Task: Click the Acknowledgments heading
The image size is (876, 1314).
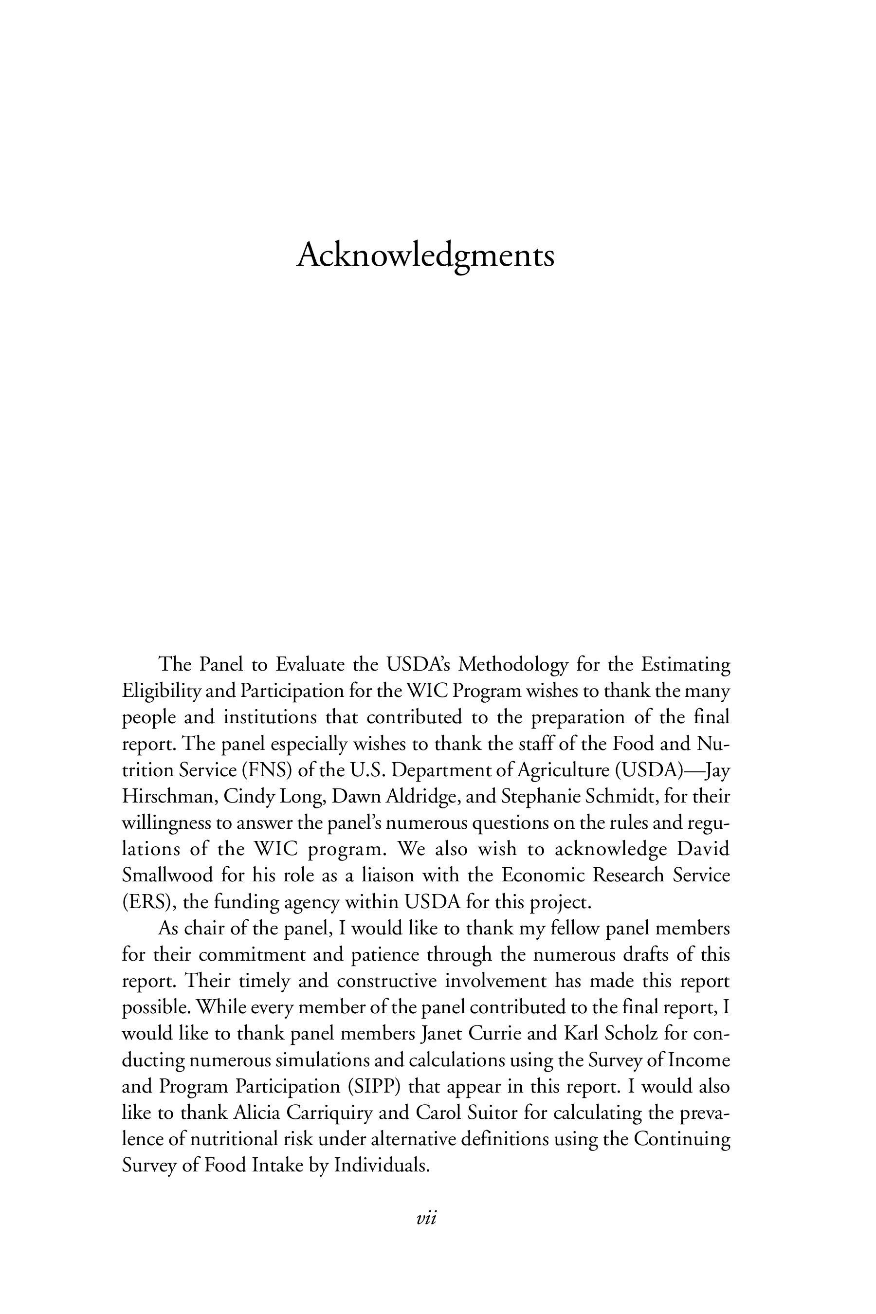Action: pos(425,256)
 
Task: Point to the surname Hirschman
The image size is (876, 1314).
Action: pos(169,797)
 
